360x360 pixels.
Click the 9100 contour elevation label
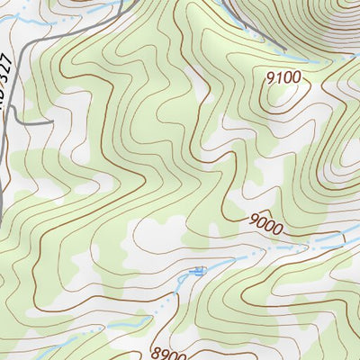pos(283,77)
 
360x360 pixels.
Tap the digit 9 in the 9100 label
pos(270,76)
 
